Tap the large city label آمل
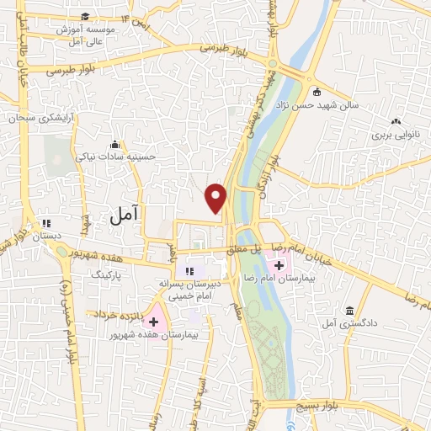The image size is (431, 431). tap(122, 216)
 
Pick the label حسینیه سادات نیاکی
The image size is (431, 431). tap(114, 156)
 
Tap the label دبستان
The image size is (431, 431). tap(47, 237)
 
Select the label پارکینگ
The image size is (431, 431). tap(106, 274)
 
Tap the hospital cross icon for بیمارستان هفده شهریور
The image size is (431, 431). tap(153, 322)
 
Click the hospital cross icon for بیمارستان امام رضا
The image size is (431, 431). tap(279, 265)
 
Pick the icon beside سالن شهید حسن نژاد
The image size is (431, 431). tap(316, 93)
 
